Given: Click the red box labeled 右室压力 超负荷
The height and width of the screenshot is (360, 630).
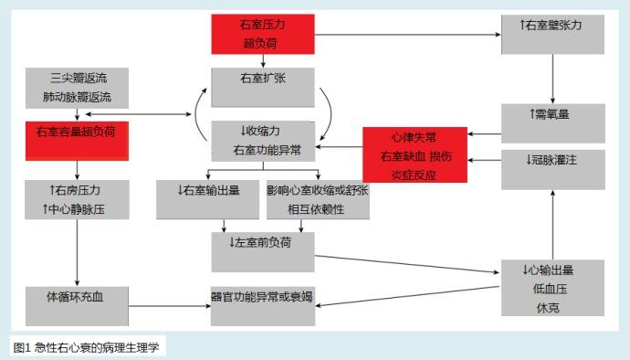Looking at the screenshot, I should tap(262, 35).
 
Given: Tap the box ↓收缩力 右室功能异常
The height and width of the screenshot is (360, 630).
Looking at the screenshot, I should tap(263, 140).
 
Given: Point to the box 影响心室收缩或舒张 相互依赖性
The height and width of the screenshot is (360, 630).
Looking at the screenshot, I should tap(319, 198).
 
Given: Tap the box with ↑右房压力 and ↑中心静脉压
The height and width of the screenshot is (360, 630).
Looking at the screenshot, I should tap(77, 198).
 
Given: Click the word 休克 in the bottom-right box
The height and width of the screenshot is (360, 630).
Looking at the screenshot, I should tap(551, 306).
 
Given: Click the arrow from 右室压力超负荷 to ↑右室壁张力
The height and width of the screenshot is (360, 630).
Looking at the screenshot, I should tap(407, 35).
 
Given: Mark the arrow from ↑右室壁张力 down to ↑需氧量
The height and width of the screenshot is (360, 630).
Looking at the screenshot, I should tap(551, 77).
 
